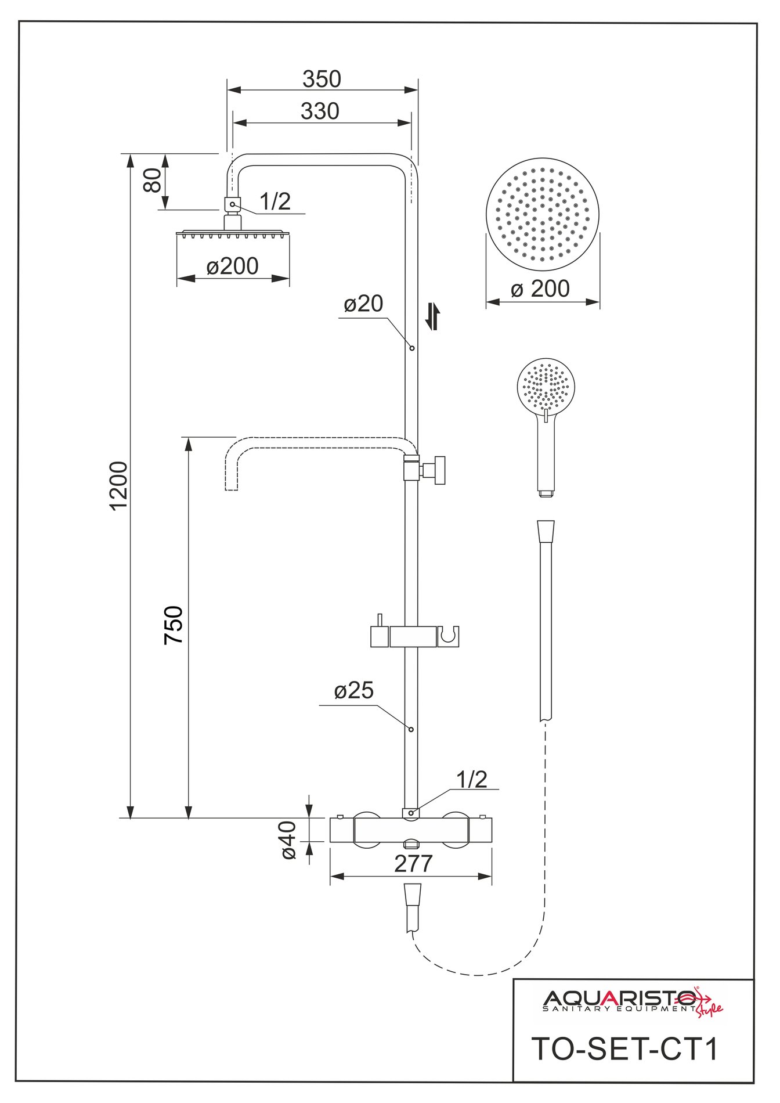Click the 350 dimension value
pyautogui.click(x=322, y=79)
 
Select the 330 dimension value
pyautogui.click(x=320, y=111)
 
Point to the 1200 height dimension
pyautogui.click(x=118, y=486)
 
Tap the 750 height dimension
pyautogui.click(x=174, y=625)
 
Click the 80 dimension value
pyautogui.click(x=152, y=180)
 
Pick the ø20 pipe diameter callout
pyautogui.click(x=363, y=303)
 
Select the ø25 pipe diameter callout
pyautogui.click(x=354, y=690)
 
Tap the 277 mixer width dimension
pyautogui.click(x=413, y=864)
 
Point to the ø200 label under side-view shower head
pyautogui.click(x=232, y=266)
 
